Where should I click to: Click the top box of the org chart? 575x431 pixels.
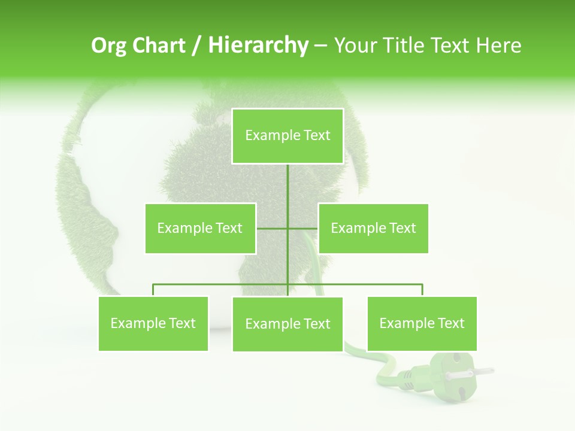[287, 136]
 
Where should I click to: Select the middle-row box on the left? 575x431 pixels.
[200, 228]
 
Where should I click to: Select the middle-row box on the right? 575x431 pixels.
[373, 228]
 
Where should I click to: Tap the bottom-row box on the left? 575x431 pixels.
[153, 323]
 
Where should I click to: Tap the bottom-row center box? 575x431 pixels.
[287, 324]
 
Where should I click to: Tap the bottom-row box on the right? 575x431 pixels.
[422, 323]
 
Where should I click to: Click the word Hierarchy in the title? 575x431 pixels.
[258, 45]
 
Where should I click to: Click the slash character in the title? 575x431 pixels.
[196, 45]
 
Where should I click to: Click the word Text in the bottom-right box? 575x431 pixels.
[450, 323]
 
